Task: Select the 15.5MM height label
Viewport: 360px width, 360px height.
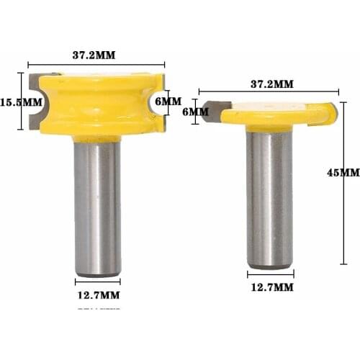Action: coord(22,102)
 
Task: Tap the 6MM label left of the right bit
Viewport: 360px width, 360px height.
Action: coord(194,112)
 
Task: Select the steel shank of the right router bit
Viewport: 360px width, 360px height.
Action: coord(269,194)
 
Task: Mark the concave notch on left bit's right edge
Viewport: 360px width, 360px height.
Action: coord(154,103)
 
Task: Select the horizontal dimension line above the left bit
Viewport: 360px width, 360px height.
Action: coord(97,64)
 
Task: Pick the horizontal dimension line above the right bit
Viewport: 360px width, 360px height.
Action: coord(271,91)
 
